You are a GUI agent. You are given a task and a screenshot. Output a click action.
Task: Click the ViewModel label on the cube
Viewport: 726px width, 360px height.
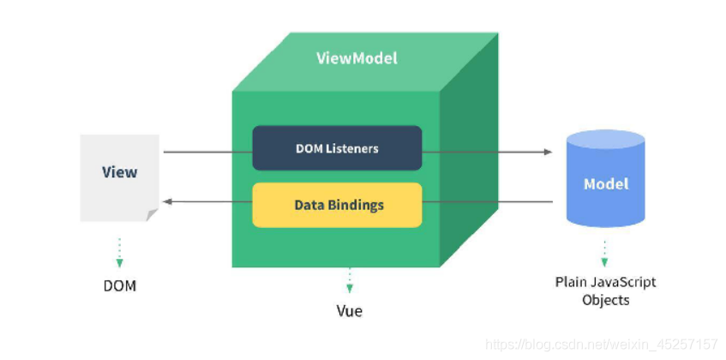click(357, 58)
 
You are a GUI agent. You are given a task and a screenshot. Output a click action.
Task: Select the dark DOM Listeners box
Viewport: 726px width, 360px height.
click(337, 148)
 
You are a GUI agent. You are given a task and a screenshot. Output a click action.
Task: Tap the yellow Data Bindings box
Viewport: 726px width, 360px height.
click(337, 205)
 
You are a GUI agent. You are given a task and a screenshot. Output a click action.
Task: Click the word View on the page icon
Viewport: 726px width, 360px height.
click(119, 172)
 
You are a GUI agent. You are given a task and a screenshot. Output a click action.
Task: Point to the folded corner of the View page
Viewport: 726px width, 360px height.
click(153, 214)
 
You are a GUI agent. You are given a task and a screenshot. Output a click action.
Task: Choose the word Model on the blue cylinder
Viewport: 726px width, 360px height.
click(606, 184)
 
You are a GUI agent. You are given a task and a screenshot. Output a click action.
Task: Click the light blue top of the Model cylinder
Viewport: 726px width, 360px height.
click(606, 139)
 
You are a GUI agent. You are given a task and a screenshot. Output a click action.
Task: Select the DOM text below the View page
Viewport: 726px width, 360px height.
click(120, 286)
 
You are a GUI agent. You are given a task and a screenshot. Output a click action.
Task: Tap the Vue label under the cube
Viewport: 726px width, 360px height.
click(350, 311)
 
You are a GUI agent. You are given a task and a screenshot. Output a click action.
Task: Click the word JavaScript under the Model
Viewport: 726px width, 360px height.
click(623, 282)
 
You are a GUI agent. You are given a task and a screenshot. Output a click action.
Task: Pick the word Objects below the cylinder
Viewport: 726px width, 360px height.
click(606, 300)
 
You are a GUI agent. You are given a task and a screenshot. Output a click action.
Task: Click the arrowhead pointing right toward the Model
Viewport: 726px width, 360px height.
click(549, 152)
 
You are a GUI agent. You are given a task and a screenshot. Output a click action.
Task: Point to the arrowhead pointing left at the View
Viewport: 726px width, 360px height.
click(168, 201)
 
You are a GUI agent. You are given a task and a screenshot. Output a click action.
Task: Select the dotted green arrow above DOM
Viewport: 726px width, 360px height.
click(119, 253)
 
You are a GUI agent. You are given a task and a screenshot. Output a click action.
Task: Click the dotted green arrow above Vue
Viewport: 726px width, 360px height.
click(350, 280)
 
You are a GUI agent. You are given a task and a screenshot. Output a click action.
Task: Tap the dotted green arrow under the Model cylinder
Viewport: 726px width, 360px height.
click(604, 253)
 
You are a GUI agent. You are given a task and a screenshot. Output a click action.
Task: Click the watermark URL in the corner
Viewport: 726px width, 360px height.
click(602, 345)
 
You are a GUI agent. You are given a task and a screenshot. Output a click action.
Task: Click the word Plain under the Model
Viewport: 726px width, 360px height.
click(572, 282)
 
